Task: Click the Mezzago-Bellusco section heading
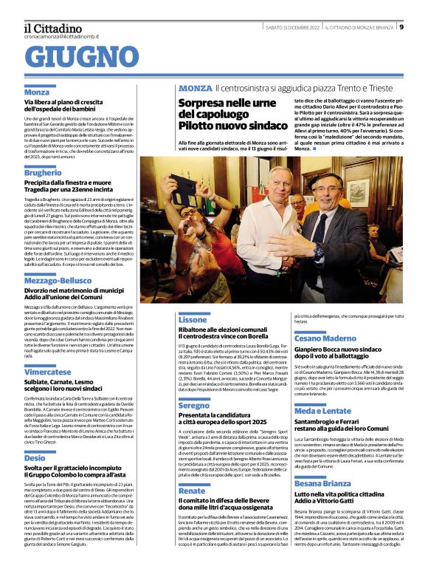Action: click(x=61, y=282)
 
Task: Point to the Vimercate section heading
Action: click(x=46, y=373)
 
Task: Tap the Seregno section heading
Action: click(x=194, y=406)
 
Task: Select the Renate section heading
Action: click(x=192, y=491)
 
